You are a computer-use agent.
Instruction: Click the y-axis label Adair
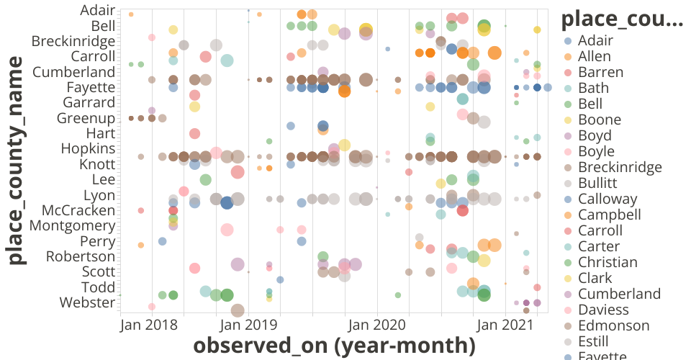click(x=98, y=10)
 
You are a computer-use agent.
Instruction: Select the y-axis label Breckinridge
click(x=73, y=41)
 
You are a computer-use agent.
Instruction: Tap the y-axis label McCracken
click(x=78, y=210)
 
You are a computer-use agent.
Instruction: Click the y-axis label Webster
click(x=88, y=302)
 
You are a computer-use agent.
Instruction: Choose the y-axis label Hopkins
click(x=88, y=148)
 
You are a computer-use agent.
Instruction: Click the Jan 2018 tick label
click(x=151, y=325)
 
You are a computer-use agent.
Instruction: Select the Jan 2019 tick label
click(x=248, y=325)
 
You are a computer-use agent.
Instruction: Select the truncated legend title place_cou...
click(x=622, y=20)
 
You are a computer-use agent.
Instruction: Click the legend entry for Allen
click(x=595, y=56)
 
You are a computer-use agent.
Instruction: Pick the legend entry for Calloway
click(x=608, y=199)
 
